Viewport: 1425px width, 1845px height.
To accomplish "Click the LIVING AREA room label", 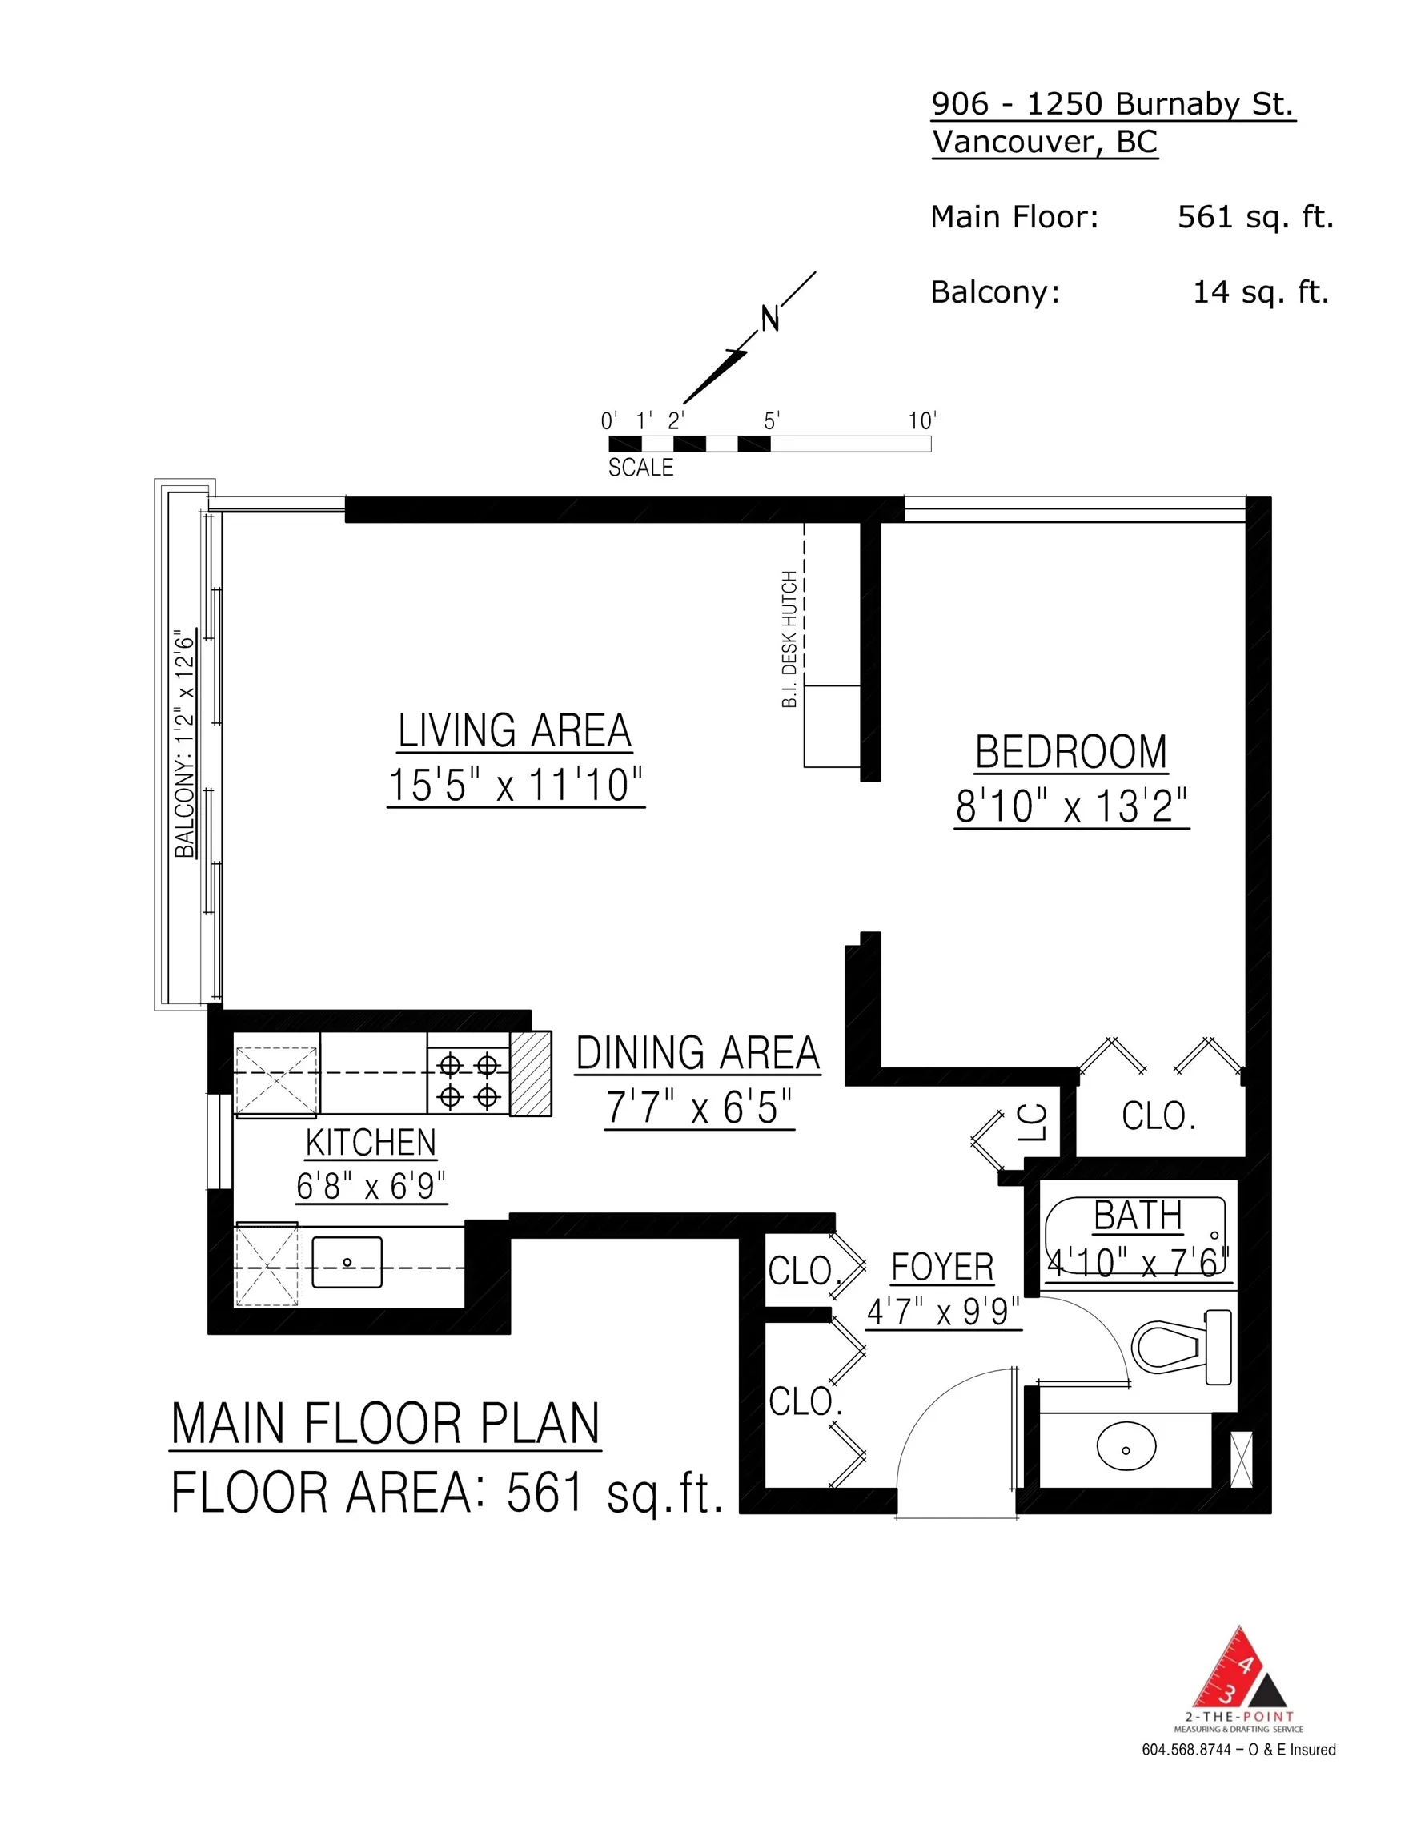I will coord(515,731).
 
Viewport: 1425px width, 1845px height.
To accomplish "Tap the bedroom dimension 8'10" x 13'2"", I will coord(1071,806).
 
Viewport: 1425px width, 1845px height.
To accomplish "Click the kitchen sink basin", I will coord(347,1263).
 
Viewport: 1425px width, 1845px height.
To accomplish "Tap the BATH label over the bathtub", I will coord(1138,1216).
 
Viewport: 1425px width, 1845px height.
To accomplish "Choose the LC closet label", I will coord(1032,1123).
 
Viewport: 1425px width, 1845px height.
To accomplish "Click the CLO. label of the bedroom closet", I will coord(1158,1117).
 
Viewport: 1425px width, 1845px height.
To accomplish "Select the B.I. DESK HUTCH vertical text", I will coord(789,639).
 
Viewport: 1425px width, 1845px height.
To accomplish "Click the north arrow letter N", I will coord(769,320).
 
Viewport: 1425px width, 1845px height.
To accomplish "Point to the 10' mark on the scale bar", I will coord(921,420).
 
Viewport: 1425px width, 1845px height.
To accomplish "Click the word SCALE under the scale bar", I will coord(640,467).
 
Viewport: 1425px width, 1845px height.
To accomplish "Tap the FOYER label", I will coord(941,1267).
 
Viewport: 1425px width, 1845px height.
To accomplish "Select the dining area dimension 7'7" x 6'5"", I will coord(699,1107).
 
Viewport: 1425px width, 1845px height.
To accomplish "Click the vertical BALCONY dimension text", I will coord(184,743).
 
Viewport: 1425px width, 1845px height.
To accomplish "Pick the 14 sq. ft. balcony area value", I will coord(1260,292).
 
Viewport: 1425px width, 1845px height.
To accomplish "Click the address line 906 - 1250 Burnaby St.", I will coord(1113,104).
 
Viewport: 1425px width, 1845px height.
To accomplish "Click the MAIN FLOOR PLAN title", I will coord(385,1424).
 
